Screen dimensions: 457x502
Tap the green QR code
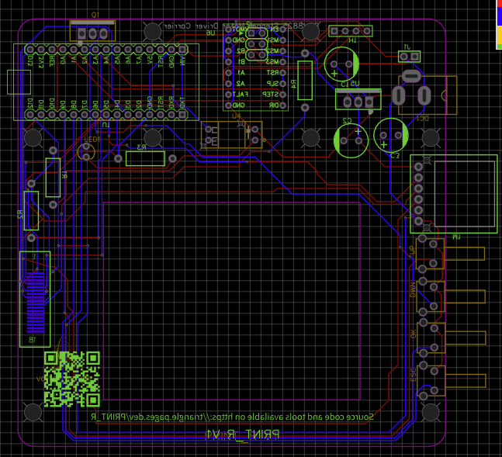pos(72,379)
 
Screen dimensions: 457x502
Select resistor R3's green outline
pos(145,159)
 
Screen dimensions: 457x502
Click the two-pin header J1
pos(409,57)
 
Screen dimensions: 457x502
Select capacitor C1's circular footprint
pos(341,63)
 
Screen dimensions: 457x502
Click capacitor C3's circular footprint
pos(392,136)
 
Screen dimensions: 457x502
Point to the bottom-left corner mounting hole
pos(33,411)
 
